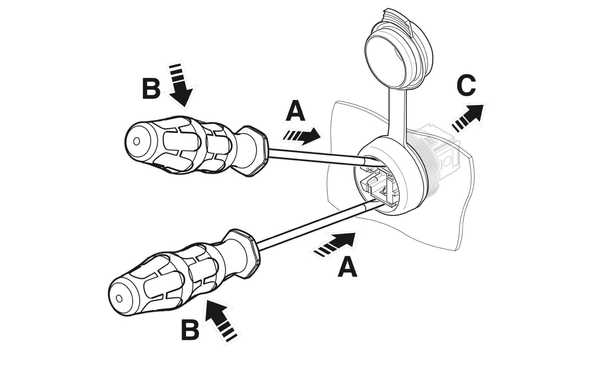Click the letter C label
click(x=466, y=86)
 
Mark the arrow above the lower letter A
click(x=336, y=243)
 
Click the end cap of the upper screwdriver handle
click(x=136, y=141)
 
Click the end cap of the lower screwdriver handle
click(x=119, y=298)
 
